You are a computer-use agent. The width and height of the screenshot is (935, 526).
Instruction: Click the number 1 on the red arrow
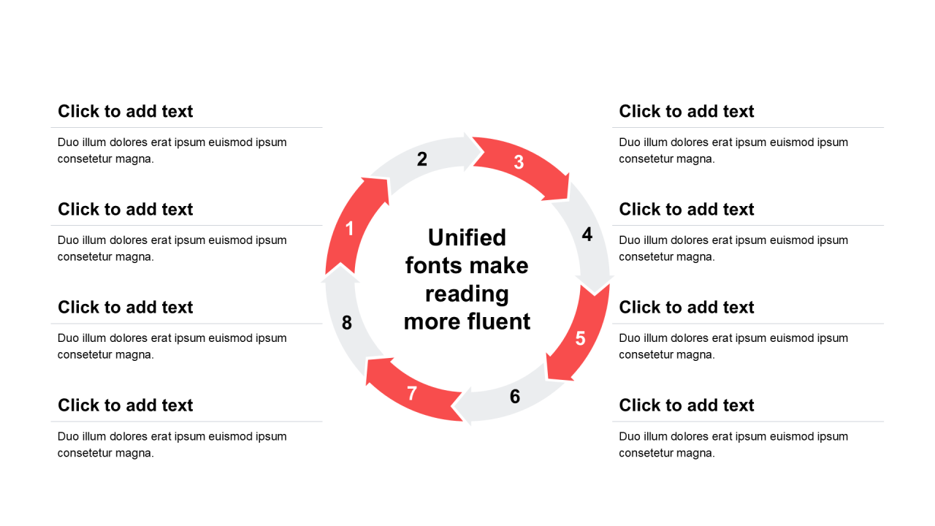tap(350, 229)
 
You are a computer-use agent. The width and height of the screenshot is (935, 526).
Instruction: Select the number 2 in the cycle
tap(422, 159)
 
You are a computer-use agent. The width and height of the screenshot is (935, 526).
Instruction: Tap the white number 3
tap(519, 162)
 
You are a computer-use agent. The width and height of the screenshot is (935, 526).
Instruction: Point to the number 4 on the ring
tap(587, 235)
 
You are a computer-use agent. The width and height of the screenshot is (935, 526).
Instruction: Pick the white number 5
tap(580, 338)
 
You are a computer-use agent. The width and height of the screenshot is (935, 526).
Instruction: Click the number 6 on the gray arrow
tap(515, 397)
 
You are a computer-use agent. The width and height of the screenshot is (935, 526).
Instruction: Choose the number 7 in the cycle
tap(412, 393)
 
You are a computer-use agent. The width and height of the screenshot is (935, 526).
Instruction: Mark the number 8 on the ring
tap(347, 323)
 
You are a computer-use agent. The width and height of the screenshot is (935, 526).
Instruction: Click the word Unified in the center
tap(467, 238)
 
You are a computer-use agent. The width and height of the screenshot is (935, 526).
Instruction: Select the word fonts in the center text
tap(435, 266)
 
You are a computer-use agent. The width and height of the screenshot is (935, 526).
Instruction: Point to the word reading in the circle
tap(467, 294)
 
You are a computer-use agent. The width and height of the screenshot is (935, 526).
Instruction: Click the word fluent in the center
tap(499, 322)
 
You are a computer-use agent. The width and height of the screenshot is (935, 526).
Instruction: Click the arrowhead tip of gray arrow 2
tap(484, 153)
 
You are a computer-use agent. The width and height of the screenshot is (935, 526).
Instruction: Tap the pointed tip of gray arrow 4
tap(595, 294)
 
